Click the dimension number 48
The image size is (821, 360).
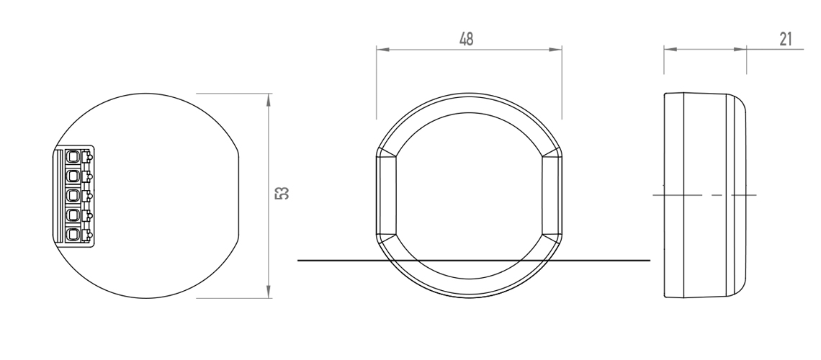[x=467, y=40]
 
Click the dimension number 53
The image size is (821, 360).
[x=284, y=194]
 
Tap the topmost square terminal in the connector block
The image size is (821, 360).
[x=73, y=156]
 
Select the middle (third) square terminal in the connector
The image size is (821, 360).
[x=73, y=195]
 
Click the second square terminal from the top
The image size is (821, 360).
[x=73, y=176]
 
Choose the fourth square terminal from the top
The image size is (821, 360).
[x=73, y=215]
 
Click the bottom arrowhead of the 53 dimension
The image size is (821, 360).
[x=269, y=290]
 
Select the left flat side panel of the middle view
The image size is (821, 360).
[x=385, y=195]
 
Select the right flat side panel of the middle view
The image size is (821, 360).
[x=552, y=195]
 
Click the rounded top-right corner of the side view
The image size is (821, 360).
[x=738, y=102]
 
